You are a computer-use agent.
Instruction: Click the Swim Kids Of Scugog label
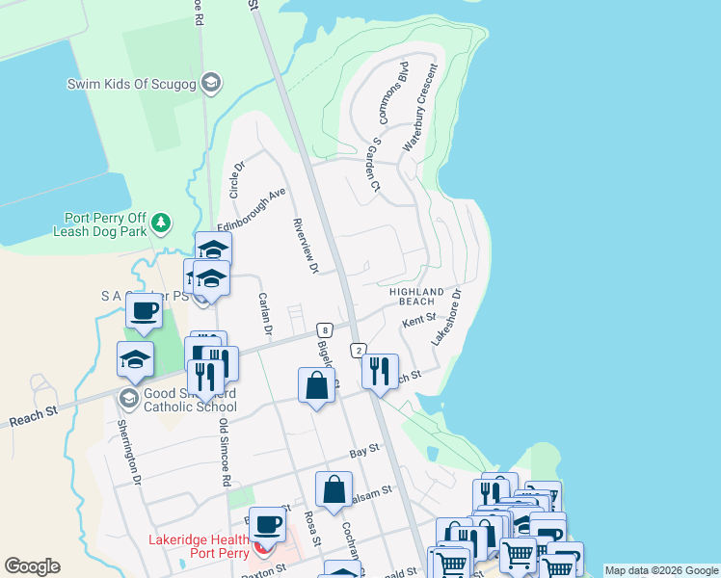(x=132, y=84)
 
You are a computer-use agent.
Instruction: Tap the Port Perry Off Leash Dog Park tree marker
(x=162, y=223)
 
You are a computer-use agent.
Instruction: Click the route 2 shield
(x=358, y=351)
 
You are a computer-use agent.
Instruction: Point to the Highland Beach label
(x=416, y=296)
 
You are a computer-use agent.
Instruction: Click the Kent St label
(x=419, y=319)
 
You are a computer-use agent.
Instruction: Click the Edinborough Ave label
(x=252, y=209)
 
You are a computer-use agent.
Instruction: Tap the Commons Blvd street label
(x=395, y=94)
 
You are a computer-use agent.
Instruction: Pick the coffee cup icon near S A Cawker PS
(x=145, y=312)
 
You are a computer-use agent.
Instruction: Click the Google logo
(x=32, y=566)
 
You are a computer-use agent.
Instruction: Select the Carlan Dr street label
(x=265, y=315)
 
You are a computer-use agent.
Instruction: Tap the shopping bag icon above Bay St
(x=317, y=386)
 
